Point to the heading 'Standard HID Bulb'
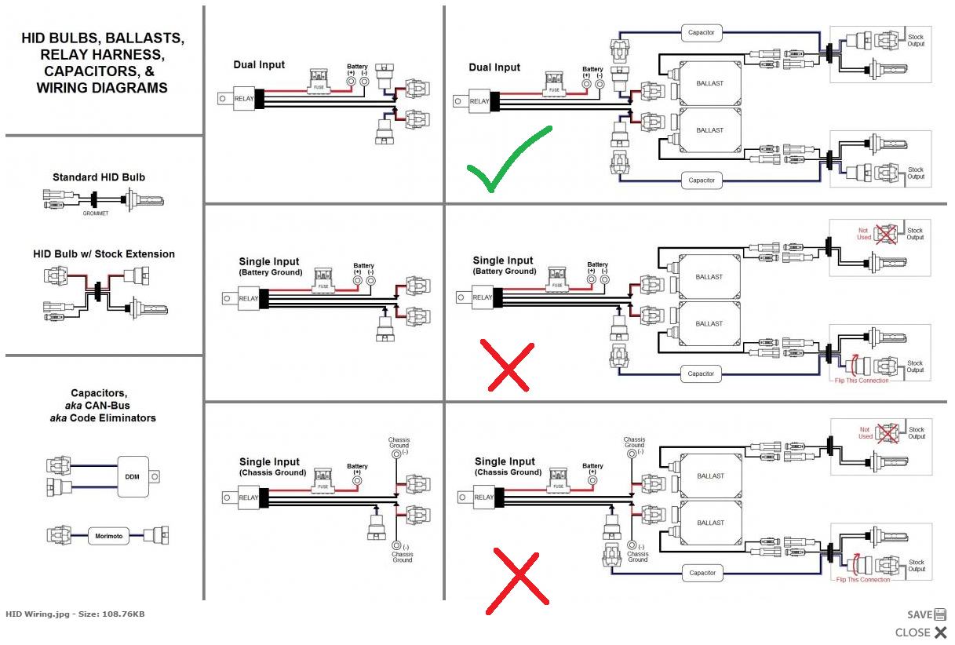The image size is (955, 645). point(99,177)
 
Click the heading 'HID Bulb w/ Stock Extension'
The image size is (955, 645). point(104,254)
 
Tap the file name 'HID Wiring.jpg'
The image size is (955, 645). point(37,614)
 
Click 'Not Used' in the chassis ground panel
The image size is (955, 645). point(865,433)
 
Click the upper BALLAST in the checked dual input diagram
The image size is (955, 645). point(709,82)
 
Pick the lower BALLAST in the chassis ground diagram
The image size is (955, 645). point(709,523)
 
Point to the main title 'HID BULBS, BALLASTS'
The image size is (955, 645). point(103,38)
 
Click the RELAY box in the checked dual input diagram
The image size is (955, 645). point(479,101)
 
